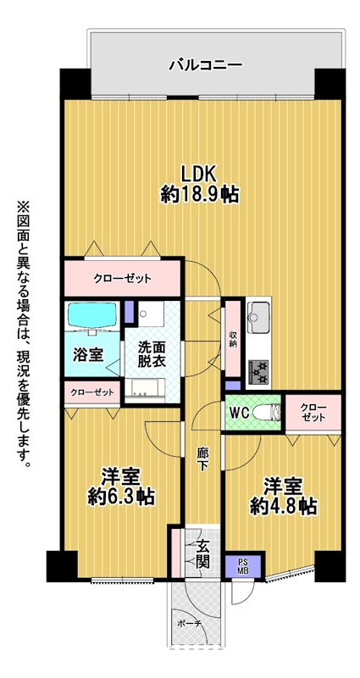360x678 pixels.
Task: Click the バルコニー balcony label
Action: [205, 65]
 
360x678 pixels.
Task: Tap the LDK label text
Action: [198, 174]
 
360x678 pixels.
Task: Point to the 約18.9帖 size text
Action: [200, 195]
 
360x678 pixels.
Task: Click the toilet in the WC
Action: [266, 413]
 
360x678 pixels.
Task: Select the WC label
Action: [239, 413]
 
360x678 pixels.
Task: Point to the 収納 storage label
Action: [234, 340]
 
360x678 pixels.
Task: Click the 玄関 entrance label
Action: [202, 555]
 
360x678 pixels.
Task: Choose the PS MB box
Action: [243, 566]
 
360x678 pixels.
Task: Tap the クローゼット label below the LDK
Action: [123, 279]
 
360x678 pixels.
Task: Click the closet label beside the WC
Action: [313, 413]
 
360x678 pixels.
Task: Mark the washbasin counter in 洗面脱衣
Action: [145, 387]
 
